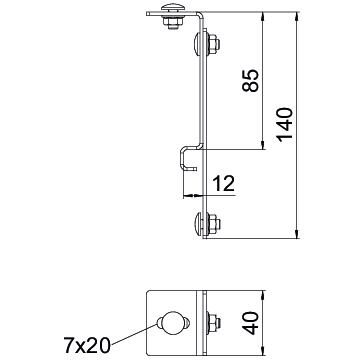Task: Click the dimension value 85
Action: coord(251,80)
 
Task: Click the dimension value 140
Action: coord(285,125)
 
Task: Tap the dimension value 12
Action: coord(224,183)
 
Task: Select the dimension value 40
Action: coord(251,323)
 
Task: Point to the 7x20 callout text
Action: coord(87,345)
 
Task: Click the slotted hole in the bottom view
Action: coord(173,323)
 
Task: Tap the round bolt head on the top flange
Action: coord(172,7)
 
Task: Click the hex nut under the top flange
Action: coord(173,23)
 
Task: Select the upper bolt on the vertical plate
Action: coord(206,44)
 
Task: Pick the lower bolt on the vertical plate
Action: coord(206,223)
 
